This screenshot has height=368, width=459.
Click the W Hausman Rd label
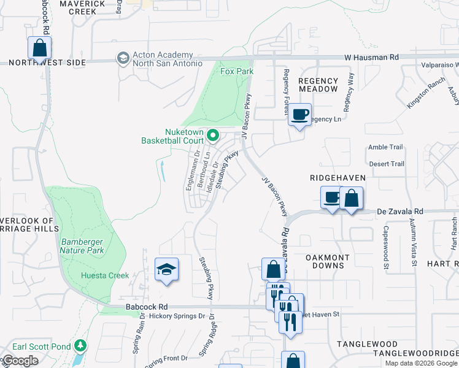point(371,57)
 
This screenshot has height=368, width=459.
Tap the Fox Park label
point(237,71)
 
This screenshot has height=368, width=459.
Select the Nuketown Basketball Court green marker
point(213,135)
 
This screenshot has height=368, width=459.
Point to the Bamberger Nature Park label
point(82,246)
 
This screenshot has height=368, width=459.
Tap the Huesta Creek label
point(105,275)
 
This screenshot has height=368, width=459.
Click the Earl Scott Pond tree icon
point(80,347)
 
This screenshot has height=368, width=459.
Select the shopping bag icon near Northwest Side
point(39,48)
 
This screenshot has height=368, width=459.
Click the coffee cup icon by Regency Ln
point(300,115)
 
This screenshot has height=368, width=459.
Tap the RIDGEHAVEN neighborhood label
point(337,178)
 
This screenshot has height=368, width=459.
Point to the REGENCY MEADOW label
point(318,85)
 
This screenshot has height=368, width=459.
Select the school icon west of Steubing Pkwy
point(166,269)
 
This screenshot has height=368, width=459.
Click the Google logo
point(20,361)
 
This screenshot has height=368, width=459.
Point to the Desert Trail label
point(386,164)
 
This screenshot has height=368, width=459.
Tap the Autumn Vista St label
point(414,246)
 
